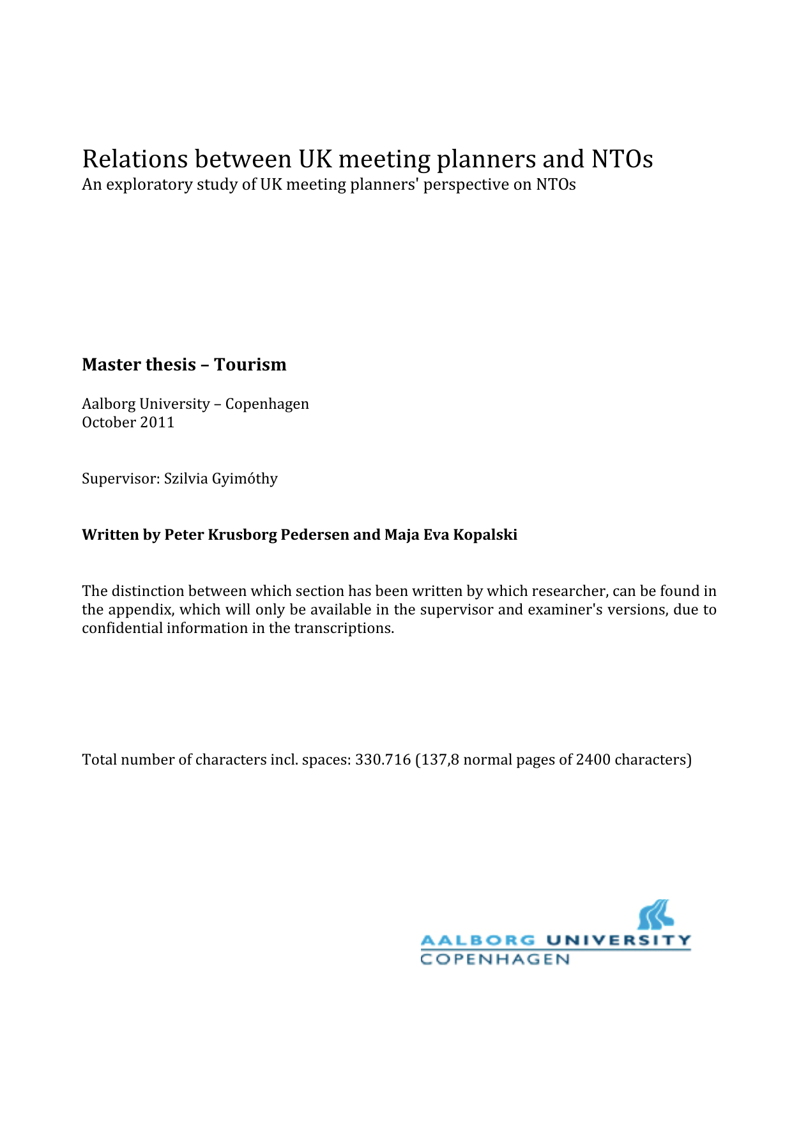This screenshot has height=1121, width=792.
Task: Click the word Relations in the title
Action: [135, 159]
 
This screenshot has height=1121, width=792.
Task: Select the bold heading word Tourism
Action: [250, 365]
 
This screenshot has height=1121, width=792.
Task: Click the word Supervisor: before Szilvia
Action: [120, 479]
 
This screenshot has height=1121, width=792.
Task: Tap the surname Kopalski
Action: [485, 535]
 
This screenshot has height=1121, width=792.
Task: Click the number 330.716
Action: [383, 760]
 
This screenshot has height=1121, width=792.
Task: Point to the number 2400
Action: [593, 760]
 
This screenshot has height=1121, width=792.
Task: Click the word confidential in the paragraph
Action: [122, 629]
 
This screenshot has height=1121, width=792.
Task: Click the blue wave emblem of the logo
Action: [655, 915]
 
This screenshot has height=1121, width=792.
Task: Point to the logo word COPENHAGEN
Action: [495, 959]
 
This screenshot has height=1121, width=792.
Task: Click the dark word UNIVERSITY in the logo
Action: [618, 940]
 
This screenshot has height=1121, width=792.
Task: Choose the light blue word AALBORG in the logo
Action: [478, 940]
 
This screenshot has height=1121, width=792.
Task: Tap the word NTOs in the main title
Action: [621, 159]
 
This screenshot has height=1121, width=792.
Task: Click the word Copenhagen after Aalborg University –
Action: [267, 404]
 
